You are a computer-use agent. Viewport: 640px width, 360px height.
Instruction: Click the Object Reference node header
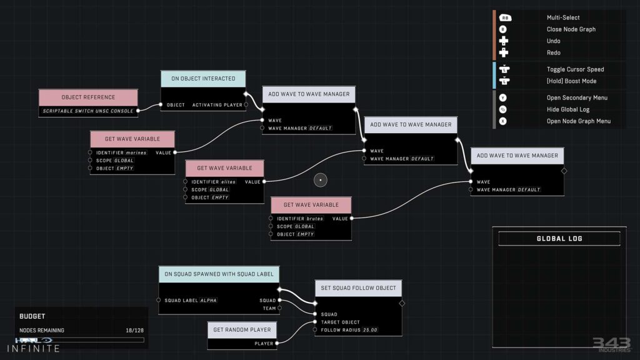[x=88, y=97]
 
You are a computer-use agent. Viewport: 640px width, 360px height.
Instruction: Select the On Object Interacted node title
[x=203, y=79]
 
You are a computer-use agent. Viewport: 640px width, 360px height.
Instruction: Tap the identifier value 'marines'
[x=136, y=152]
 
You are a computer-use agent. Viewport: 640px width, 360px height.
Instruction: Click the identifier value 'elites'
[x=228, y=182]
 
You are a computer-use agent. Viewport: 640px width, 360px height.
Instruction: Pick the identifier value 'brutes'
[x=315, y=219]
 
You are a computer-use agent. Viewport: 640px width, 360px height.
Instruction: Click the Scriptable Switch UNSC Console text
[x=87, y=111]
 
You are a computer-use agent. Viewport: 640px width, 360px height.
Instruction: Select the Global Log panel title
[x=559, y=239]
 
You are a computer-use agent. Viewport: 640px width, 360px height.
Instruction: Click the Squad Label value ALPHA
[x=209, y=301]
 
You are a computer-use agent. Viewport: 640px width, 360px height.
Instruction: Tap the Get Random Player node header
[x=242, y=330]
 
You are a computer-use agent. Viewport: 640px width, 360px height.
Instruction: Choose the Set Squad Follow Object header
[x=358, y=288]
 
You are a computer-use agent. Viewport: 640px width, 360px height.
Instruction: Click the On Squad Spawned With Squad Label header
[x=219, y=274]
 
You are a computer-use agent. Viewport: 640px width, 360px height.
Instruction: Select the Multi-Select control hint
[x=563, y=18]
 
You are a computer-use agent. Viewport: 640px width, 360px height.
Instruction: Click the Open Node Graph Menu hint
[x=578, y=121]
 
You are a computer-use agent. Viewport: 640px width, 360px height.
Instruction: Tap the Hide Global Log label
[x=567, y=109]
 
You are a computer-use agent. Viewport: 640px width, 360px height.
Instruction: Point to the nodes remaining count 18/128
[x=134, y=331]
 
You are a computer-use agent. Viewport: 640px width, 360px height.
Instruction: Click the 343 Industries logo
[x=611, y=344]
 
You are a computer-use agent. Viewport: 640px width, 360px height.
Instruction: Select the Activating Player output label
[x=217, y=105]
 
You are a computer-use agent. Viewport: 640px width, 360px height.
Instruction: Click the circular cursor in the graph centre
[x=320, y=181]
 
